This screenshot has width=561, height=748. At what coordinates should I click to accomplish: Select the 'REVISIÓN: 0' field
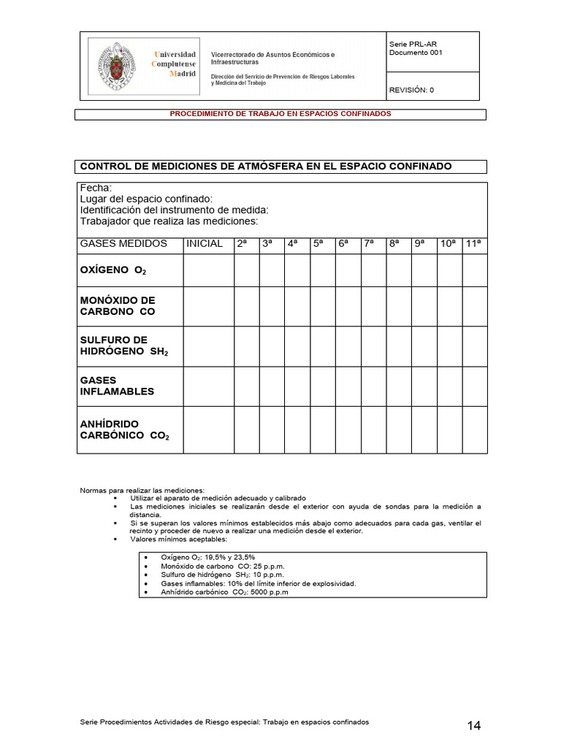[x=411, y=90]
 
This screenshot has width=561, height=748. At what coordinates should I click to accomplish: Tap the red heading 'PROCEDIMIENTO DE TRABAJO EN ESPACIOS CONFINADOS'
[x=280, y=114]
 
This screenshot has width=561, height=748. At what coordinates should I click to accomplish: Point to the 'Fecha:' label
[x=96, y=188]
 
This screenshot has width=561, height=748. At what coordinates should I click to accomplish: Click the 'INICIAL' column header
[x=205, y=244]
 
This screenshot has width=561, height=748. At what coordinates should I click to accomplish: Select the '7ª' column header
[x=369, y=244]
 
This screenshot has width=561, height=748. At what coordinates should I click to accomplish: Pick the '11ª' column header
[x=474, y=244]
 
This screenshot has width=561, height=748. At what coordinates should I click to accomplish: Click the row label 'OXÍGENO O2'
[x=113, y=271]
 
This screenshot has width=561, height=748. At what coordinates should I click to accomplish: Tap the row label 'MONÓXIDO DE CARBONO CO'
[x=118, y=306]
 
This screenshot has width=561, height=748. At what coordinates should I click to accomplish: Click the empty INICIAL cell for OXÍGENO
[x=208, y=270]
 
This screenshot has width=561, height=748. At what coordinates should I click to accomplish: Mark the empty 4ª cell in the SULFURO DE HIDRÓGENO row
[x=297, y=346]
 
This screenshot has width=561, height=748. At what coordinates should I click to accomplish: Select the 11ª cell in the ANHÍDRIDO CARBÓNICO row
[x=474, y=430]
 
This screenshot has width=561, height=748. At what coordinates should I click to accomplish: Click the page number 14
[x=473, y=725]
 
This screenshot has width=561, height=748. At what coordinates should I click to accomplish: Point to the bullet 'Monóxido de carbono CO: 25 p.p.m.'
[x=223, y=566]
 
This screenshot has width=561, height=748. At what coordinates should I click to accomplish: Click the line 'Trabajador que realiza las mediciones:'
[x=169, y=221]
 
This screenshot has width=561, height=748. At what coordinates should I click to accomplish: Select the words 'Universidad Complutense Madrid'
[x=174, y=64]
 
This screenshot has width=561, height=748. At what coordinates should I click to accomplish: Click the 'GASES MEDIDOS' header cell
[x=123, y=244]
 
